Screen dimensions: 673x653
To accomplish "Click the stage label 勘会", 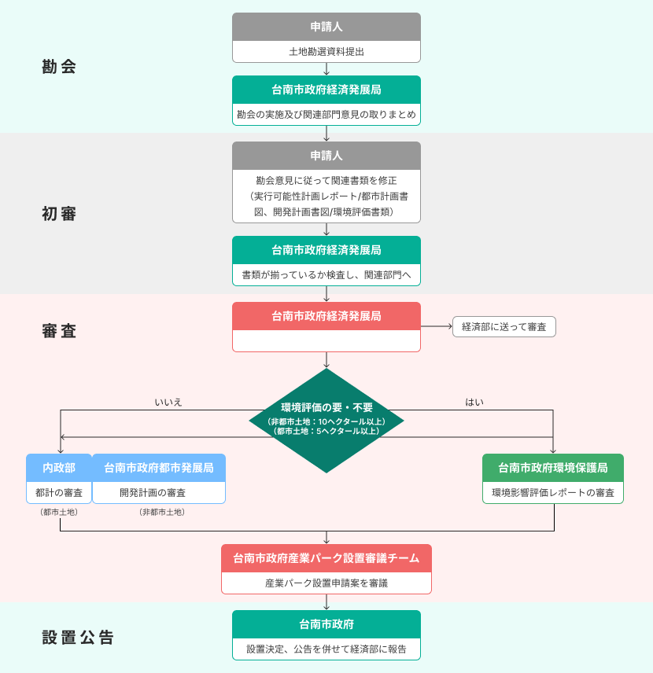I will pos(59,67).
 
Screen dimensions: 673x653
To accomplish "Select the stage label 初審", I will pos(59,214).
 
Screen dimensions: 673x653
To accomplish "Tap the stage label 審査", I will pos(59,331).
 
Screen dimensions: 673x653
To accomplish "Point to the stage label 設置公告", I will pos(78,638).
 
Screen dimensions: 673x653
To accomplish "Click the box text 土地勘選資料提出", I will pos(326,51).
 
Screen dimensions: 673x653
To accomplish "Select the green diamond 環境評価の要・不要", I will pos(326,420).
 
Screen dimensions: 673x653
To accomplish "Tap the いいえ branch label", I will pos(168,402).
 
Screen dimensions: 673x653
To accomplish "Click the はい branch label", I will pos(474,402).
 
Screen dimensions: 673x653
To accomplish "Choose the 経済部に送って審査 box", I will pos(504,326).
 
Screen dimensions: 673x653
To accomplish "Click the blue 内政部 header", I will pos(59,468).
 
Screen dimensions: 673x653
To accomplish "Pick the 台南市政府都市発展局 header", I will pos(159,468).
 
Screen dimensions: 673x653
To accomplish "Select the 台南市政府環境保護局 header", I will pos(553,468).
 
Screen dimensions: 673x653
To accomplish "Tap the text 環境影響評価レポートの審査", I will pos(553,493).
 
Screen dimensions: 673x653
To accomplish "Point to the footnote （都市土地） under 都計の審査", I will pos(59,513).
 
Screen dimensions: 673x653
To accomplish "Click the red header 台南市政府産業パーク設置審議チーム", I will pos(326,558).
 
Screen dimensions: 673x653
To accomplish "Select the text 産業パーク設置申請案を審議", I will pos(326,583).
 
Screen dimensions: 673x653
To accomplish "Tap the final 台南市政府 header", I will pos(326,624).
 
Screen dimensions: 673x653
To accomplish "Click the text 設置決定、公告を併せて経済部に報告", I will pos(326,649).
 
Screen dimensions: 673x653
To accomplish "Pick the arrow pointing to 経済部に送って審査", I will pos(437,326).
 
